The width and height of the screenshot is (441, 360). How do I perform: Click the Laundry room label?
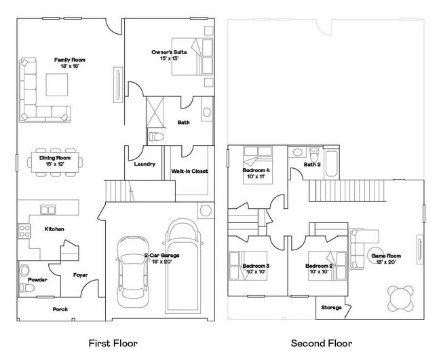click(145, 164)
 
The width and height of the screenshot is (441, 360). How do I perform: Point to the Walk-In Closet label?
click(189, 172)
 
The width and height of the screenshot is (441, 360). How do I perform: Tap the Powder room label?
click(37, 279)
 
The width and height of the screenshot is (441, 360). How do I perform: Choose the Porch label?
click(60, 309)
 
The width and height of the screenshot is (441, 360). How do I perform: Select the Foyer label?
click(81, 275)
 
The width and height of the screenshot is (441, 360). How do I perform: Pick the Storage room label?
click(331, 308)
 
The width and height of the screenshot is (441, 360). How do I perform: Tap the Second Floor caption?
click(322, 343)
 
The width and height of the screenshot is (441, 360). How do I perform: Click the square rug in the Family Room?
click(56, 84)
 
